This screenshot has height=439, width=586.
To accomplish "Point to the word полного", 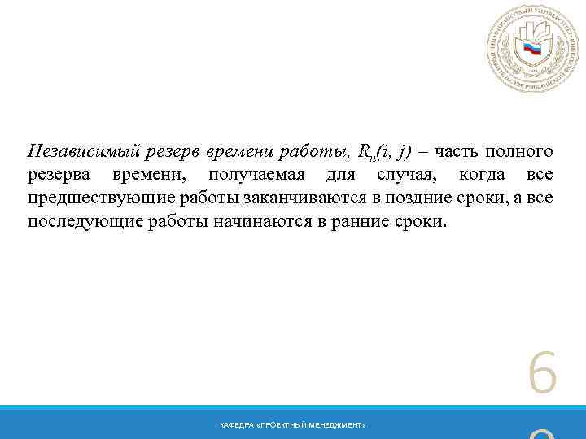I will pos(520,151).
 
